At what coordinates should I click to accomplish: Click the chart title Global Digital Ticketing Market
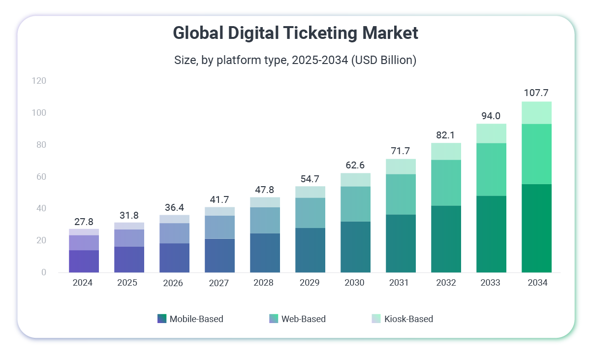tap(295, 33)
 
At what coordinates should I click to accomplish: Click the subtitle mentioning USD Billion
tap(295, 60)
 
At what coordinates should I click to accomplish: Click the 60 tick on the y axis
tap(40, 177)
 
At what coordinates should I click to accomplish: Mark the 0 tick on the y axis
tap(43, 272)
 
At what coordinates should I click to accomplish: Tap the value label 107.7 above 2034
tap(536, 93)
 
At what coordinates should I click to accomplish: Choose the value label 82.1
tap(446, 134)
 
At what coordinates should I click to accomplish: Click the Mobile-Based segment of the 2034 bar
tap(536, 228)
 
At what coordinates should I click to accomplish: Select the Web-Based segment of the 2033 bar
tap(491, 169)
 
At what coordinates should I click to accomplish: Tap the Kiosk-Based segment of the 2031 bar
tap(401, 166)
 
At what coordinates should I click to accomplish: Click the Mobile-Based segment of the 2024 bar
tap(84, 261)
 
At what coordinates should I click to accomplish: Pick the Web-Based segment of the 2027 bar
tap(219, 227)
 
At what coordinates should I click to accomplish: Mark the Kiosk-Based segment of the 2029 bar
tap(310, 192)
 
